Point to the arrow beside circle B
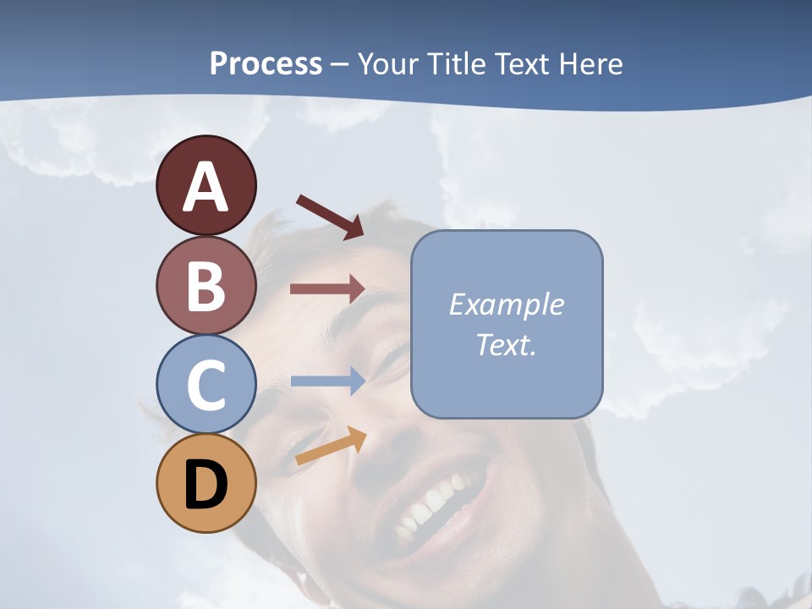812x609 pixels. (327, 289)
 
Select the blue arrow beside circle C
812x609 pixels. (327, 381)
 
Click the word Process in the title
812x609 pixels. (266, 63)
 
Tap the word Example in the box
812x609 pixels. (506, 304)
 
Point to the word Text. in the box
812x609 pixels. (506, 344)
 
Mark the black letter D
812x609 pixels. (206, 486)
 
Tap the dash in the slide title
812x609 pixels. (339, 65)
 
